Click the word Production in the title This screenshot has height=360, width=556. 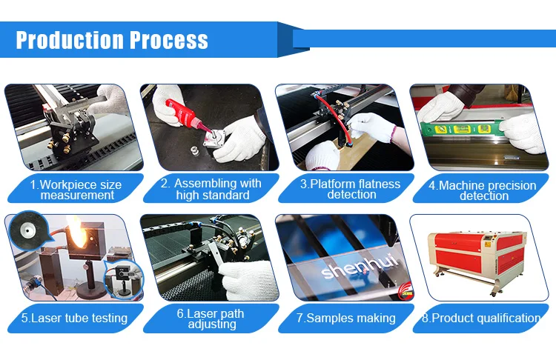point(70,40)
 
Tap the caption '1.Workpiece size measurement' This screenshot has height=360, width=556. point(76,190)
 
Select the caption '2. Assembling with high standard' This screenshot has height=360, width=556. point(211,189)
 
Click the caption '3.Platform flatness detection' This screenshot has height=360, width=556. point(351,189)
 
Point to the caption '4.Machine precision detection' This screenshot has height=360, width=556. point(483,190)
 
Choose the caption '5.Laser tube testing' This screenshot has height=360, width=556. point(74,318)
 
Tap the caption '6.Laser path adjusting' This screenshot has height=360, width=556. point(211,319)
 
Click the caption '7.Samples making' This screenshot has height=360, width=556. point(346,318)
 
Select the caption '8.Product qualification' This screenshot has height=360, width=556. point(481,318)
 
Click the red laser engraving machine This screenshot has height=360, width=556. point(477,261)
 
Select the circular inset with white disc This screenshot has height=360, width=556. point(27,230)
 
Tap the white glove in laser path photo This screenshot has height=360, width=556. point(248,280)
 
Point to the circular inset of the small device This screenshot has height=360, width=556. point(124,279)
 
